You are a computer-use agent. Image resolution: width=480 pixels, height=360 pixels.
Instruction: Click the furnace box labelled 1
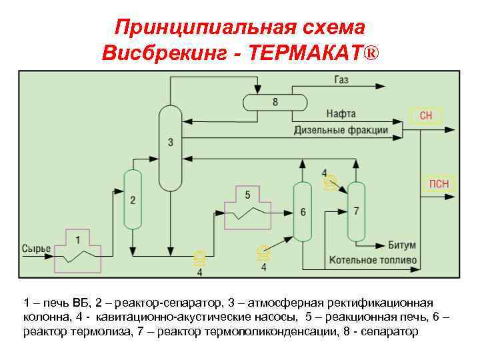point(77,249)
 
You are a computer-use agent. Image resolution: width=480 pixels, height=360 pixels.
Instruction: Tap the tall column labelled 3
point(170,147)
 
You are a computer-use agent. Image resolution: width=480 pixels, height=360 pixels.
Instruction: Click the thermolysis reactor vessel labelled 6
point(303,211)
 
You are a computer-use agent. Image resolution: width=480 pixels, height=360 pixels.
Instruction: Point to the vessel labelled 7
point(357,211)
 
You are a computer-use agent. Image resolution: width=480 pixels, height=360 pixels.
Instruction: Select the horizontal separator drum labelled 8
point(275,101)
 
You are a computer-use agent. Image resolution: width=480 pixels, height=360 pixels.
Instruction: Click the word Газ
point(341,80)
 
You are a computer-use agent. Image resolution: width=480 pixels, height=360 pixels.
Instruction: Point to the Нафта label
point(341,114)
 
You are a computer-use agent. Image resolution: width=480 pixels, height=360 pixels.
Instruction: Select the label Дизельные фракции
point(341,130)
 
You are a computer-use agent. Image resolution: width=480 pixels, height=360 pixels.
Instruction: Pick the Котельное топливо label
point(373,259)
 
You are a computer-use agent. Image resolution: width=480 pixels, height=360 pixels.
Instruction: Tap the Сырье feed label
point(36,249)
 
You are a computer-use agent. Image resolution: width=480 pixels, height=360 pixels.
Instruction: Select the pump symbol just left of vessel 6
point(263,252)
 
